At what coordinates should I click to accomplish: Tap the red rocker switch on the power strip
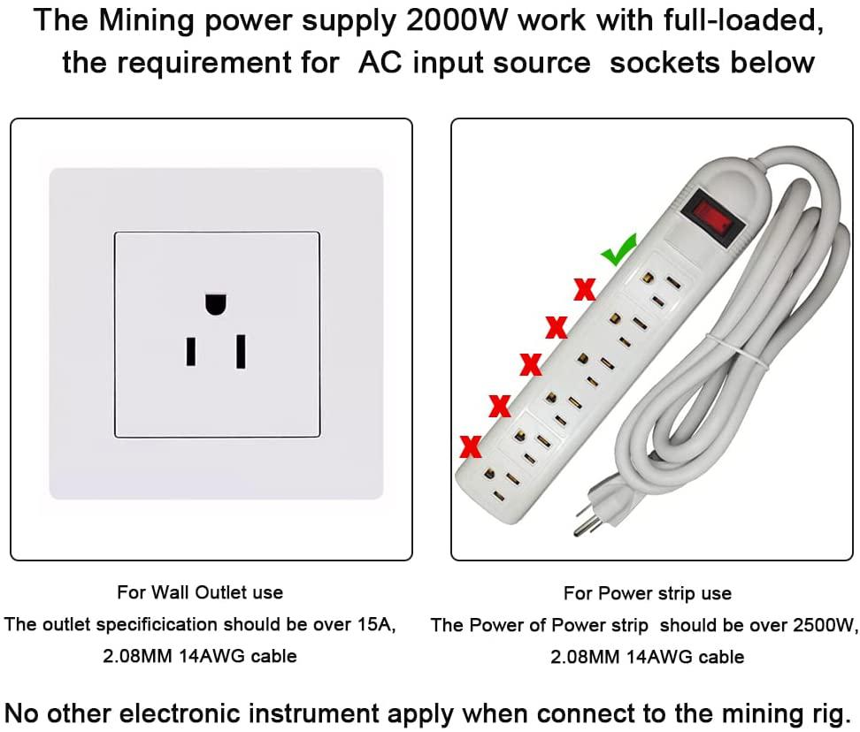pos(712,212)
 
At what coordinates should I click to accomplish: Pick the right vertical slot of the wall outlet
pos(240,351)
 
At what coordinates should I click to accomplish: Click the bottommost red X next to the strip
pos(470,445)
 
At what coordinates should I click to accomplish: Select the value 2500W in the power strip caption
pos(821,625)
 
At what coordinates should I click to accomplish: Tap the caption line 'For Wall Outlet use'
pos(200,591)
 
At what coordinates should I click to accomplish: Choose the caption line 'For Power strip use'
pos(648,592)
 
